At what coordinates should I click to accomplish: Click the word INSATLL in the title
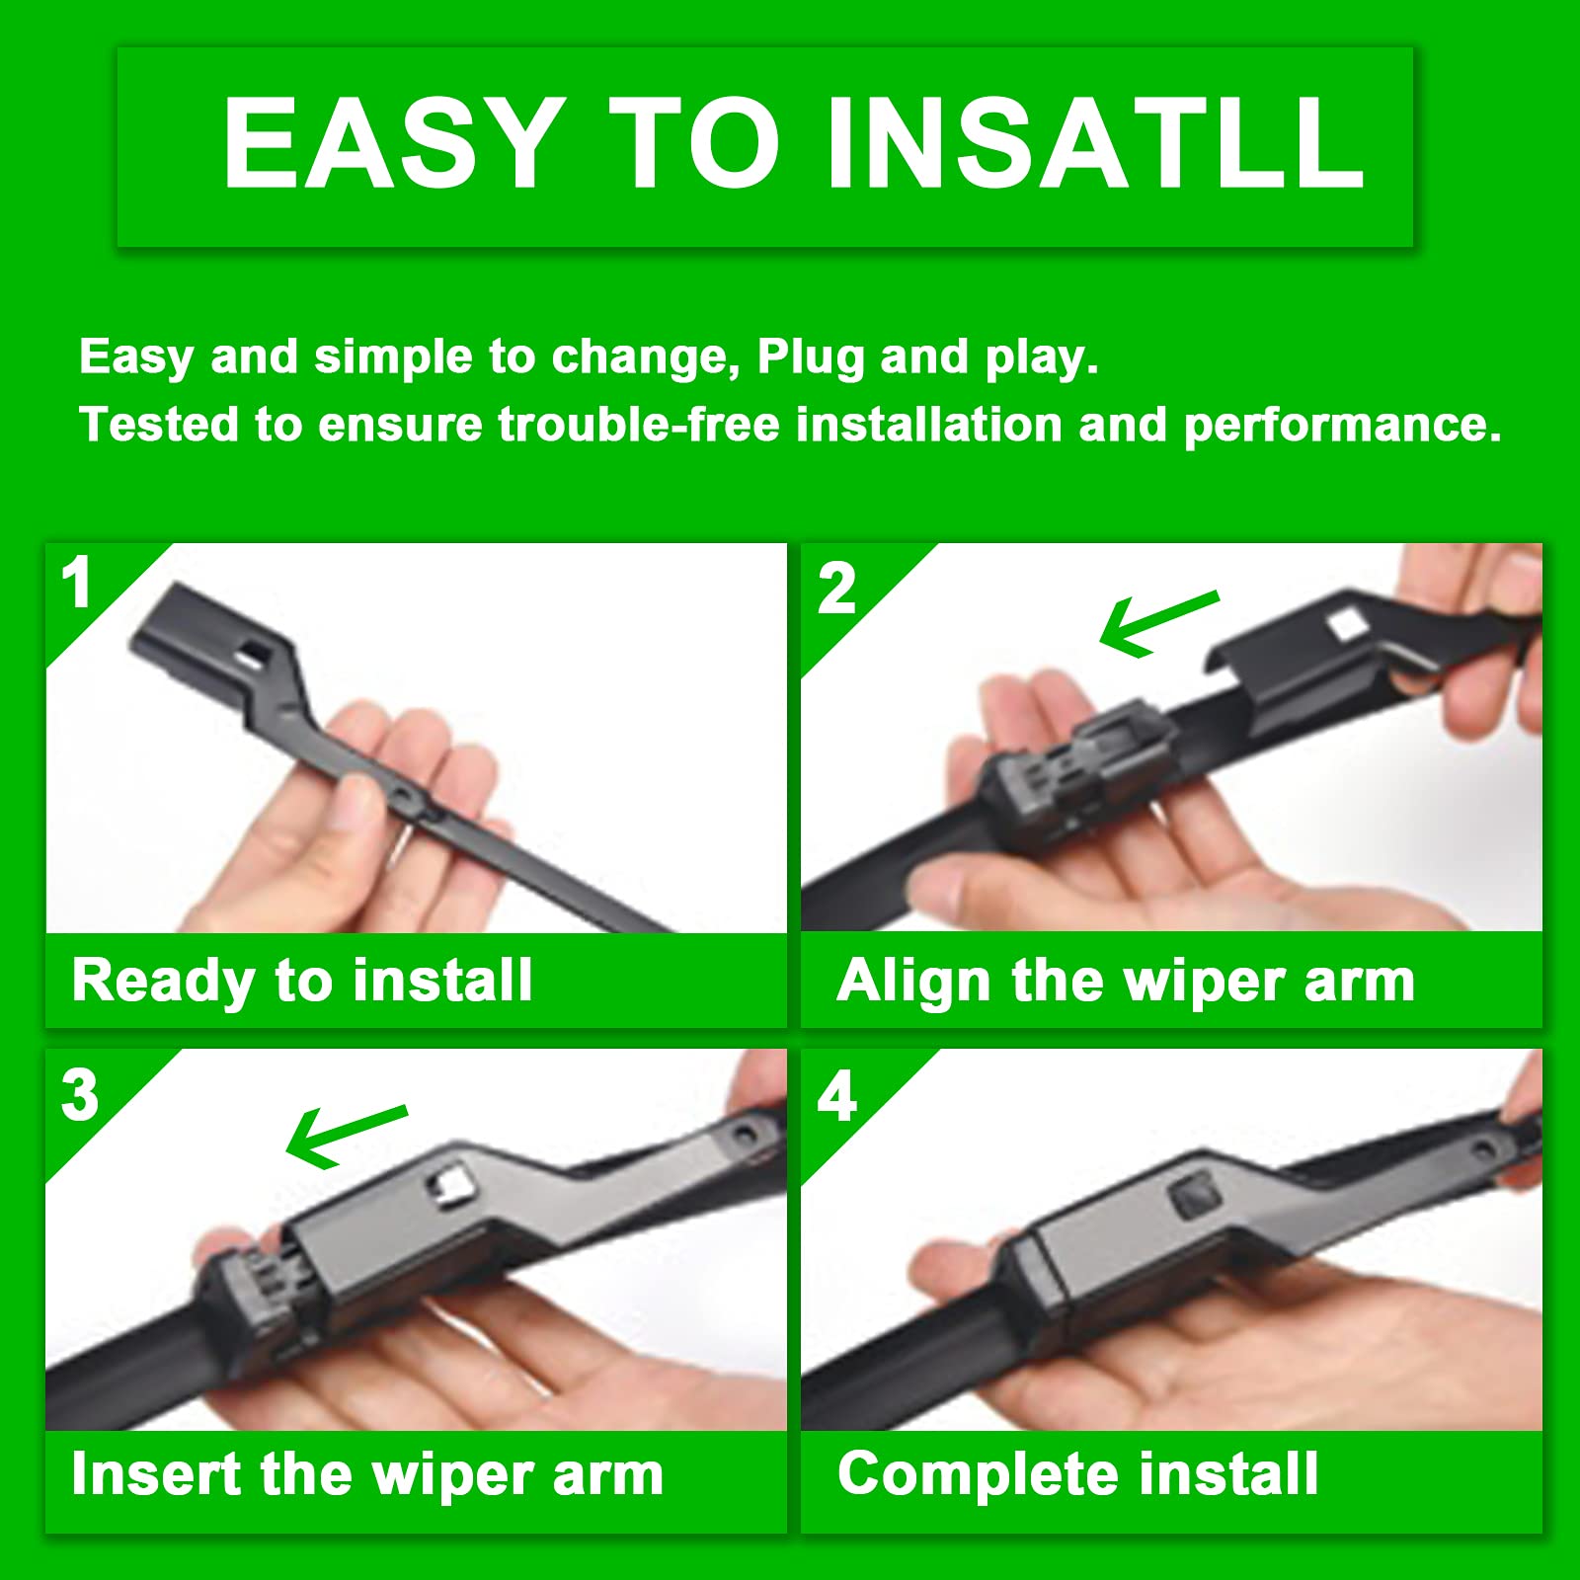tap(1096, 143)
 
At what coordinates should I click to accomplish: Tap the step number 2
tap(836, 590)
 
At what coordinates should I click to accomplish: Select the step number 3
tap(79, 1095)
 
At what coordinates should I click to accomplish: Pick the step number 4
tap(836, 1096)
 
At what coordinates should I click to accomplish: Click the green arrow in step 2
tap(1157, 623)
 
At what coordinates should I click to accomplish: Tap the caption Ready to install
tap(302, 981)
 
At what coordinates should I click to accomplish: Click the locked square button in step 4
tap(1194, 1198)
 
